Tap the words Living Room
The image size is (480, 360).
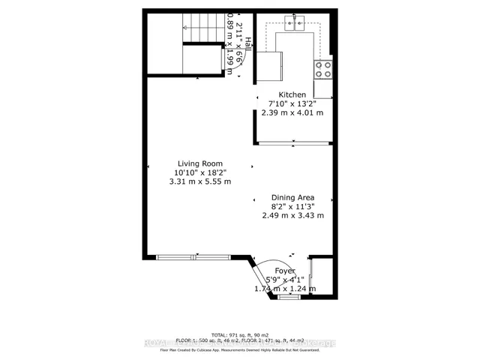click(202, 163)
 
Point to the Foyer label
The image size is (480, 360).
click(285, 271)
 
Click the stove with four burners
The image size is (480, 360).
click(324, 69)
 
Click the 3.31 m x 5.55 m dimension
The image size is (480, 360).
click(202, 181)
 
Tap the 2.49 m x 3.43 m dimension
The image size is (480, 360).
click(292, 216)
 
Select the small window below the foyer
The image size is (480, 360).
click(289, 298)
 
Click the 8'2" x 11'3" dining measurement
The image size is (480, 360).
click(292, 207)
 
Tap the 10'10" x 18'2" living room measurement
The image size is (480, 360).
click(202, 172)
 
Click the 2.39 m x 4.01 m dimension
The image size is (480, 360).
click(292, 113)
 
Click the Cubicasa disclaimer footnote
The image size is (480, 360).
click(240, 349)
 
